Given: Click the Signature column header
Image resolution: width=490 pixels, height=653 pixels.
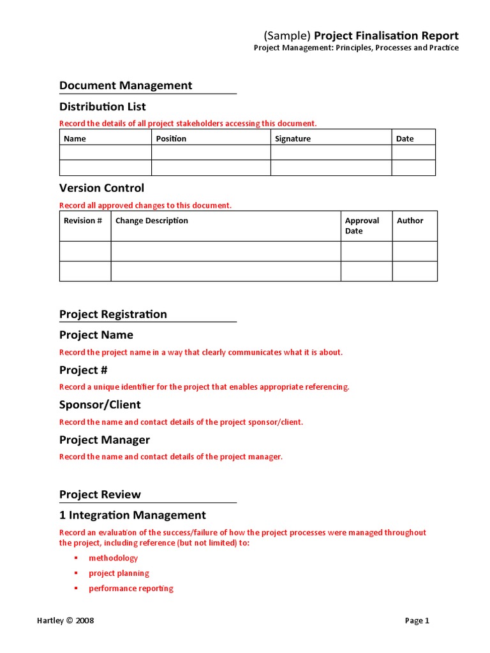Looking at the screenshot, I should point(293,138).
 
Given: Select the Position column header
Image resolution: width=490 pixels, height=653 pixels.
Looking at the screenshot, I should point(172,138).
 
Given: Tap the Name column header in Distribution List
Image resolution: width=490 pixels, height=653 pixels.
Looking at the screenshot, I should point(75,138).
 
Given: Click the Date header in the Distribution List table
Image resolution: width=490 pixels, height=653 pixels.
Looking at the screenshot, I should point(405,138).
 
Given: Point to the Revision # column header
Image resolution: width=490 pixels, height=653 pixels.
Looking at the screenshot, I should point(83,221).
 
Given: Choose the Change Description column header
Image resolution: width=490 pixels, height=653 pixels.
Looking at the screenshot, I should point(152,221).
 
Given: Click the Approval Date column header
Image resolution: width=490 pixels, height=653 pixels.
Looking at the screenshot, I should point(362,226).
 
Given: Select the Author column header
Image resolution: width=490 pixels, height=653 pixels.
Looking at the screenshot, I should point(410,221).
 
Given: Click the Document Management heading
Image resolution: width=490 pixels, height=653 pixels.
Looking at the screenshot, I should point(126,85).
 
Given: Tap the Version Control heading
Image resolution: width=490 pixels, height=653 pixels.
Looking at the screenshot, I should point(102,188).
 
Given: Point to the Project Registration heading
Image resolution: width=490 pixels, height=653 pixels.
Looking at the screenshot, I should point(113,314).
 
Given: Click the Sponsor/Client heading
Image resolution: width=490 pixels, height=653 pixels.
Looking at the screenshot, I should point(100,405).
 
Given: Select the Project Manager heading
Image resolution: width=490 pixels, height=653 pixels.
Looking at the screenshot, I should point(105,440).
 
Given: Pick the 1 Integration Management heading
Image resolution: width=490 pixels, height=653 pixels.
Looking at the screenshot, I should point(133,515).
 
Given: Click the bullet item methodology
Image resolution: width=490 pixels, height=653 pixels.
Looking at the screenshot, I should point(114,558).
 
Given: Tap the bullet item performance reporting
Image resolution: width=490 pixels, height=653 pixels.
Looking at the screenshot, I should point(131,589).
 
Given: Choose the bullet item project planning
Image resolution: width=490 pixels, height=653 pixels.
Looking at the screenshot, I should point(119,573).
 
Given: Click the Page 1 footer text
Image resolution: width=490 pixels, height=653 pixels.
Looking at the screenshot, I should point(418,620).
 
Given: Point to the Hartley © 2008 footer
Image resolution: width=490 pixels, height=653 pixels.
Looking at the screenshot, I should point(65,620).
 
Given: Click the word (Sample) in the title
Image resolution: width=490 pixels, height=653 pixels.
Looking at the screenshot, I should point(287,36).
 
